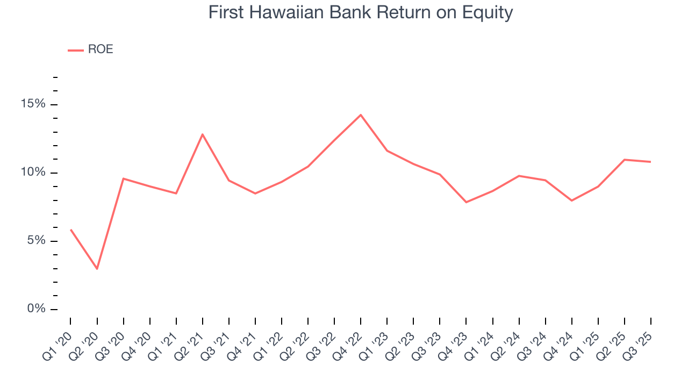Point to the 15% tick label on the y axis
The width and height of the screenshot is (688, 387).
32,104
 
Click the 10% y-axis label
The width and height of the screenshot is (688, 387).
32,173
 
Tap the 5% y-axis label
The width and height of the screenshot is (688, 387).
35,241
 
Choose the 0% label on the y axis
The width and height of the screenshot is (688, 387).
35,309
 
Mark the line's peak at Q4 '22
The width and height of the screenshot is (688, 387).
361,115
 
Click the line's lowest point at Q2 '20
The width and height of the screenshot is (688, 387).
97,269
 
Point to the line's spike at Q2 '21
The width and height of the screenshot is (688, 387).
202,134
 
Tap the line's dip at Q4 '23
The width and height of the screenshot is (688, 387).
466,202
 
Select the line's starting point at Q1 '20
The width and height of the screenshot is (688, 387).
70,230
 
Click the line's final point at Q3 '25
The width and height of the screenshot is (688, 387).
650,162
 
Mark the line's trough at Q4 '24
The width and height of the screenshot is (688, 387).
571,200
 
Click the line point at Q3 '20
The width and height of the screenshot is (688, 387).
123,178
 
